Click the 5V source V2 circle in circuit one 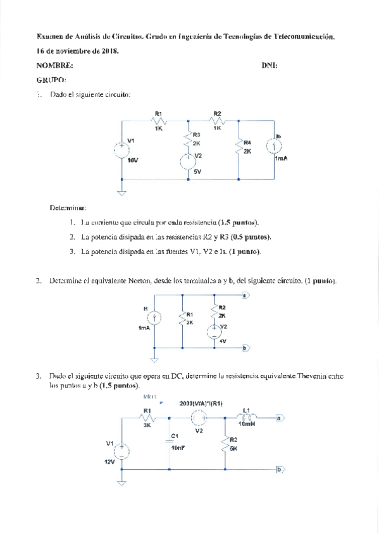[x=188, y=161]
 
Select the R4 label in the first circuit [x=247, y=142]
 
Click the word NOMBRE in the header [x=54, y=65]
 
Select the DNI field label [x=269, y=65]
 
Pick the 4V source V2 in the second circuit [x=215, y=327]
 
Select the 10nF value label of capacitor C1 [x=178, y=448]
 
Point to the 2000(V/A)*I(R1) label [x=201, y=403]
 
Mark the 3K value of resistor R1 [x=147, y=425]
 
